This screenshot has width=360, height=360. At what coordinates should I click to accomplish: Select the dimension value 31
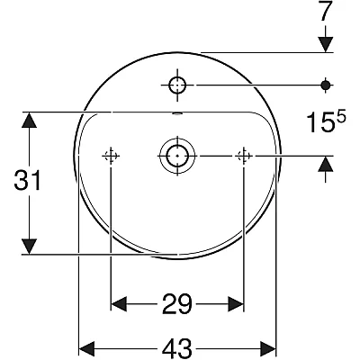(x=27, y=180)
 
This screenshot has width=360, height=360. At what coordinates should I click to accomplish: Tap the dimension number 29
(x=177, y=304)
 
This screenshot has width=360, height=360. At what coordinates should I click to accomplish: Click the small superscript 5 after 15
(x=341, y=117)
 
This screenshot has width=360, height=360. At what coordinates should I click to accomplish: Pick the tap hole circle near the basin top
(x=177, y=85)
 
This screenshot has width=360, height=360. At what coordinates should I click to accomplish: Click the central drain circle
(x=177, y=156)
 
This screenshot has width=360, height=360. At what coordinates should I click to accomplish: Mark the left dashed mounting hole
(x=111, y=156)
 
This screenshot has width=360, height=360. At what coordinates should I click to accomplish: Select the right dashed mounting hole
(x=244, y=156)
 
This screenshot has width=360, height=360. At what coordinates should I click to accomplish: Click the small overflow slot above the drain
(x=177, y=113)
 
